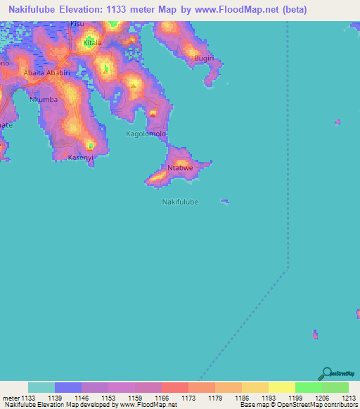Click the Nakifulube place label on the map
180,202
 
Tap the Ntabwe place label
180,168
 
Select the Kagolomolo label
146,134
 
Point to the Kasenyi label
80,157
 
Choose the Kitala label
93,43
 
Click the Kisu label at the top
77,24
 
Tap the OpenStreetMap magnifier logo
326,373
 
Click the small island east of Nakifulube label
224,202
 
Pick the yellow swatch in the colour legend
281,387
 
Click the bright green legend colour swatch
308,387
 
